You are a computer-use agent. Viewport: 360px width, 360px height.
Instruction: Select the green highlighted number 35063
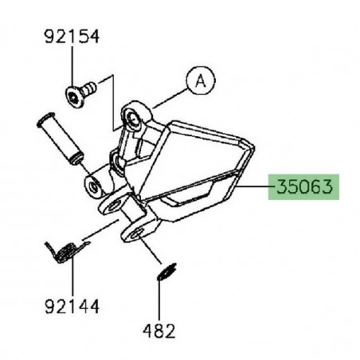pyautogui.click(x=307, y=188)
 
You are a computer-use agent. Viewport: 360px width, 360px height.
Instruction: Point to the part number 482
pyautogui.click(x=159, y=329)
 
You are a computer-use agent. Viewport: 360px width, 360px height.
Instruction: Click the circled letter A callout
pyautogui.click(x=202, y=80)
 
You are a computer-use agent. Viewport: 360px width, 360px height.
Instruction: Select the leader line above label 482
pyautogui.click(x=160, y=299)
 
